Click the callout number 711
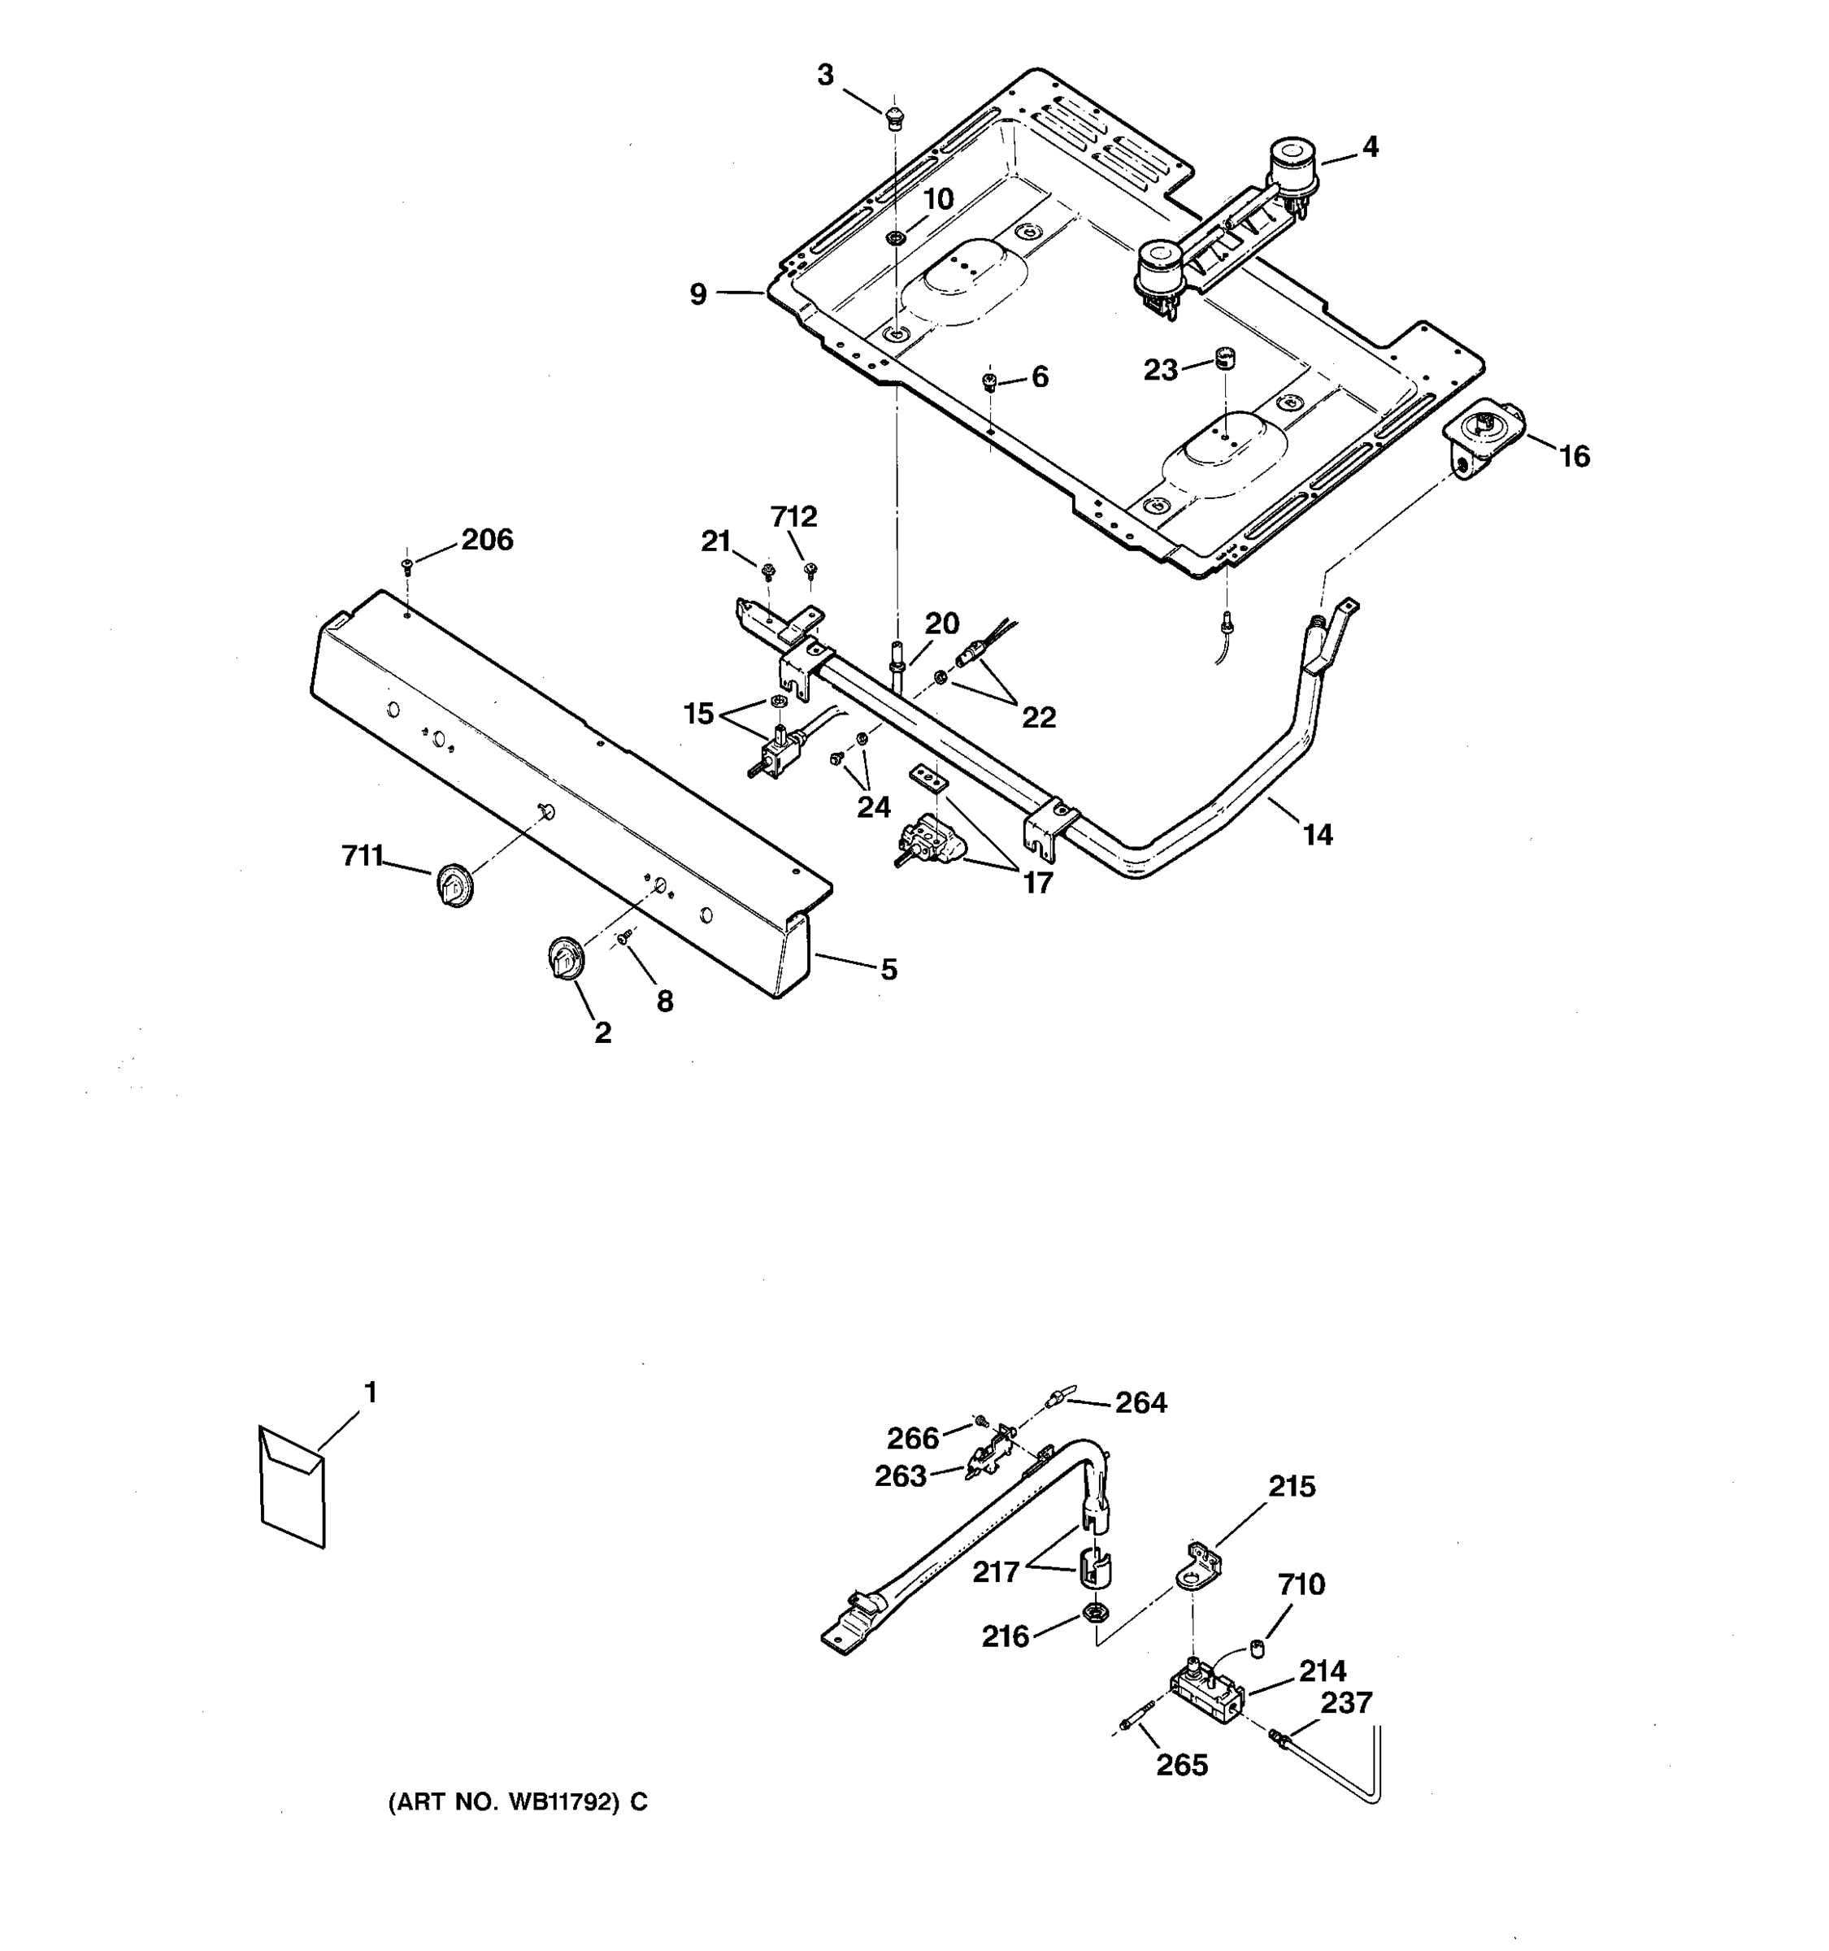click(361, 857)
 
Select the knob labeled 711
click(454, 885)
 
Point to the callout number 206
click(487, 540)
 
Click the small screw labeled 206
click(407, 564)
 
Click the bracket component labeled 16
click(1482, 441)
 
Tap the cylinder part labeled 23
click(1223, 357)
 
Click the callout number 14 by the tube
click(1317, 835)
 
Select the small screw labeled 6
click(989, 380)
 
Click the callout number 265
click(1181, 1766)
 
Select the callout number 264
click(1140, 1403)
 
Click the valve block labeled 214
click(1207, 1696)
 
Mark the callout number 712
click(793, 516)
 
